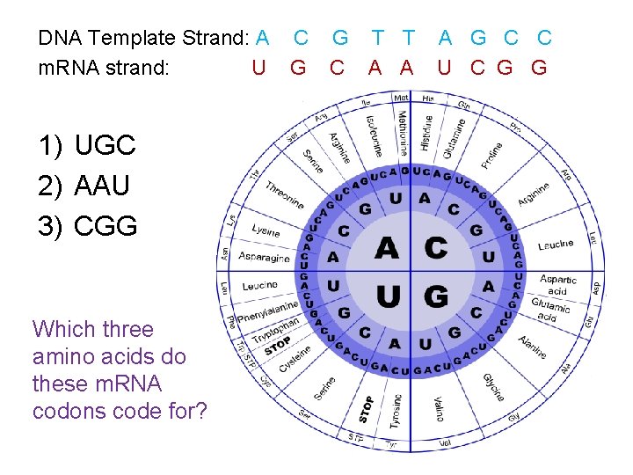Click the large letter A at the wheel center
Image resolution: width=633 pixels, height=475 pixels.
(386, 249)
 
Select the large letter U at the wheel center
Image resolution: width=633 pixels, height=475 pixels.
(387, 296)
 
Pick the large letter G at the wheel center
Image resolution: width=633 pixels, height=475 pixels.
(435, 296)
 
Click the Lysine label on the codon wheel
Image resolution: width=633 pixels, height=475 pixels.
(266, 230)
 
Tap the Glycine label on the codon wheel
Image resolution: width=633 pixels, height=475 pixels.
(492, 385)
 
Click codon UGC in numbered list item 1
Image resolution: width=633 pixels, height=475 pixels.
(105, 145)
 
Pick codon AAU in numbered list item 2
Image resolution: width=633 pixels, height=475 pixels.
(102, 186)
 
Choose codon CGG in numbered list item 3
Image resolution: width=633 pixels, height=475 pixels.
(105, 226)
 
